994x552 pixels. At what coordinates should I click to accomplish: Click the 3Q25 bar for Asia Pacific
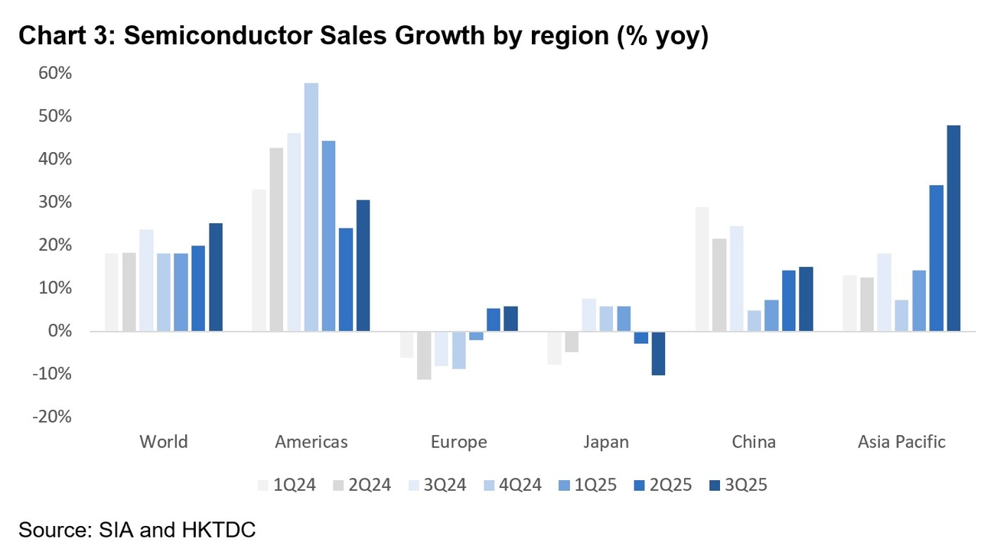tap(954, 228)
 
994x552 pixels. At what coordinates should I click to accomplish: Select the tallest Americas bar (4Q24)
tap(311, 206)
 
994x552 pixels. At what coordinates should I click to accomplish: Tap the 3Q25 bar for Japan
tap(659, 353)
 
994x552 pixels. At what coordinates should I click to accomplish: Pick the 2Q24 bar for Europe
tap(424, 355)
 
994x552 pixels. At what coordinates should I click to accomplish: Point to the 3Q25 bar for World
tap(216, 277)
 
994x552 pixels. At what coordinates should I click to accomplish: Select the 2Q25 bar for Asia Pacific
tap(937, 258)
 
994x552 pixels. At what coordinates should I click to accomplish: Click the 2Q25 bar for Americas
tap(346, 279)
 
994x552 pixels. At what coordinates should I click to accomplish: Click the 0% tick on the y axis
tap(60, 331)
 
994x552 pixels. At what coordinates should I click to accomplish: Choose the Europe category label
tap(458, 442)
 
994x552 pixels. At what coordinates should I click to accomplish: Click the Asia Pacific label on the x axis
tap(901, 442)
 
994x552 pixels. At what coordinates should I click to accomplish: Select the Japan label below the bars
tap(606, 442)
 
